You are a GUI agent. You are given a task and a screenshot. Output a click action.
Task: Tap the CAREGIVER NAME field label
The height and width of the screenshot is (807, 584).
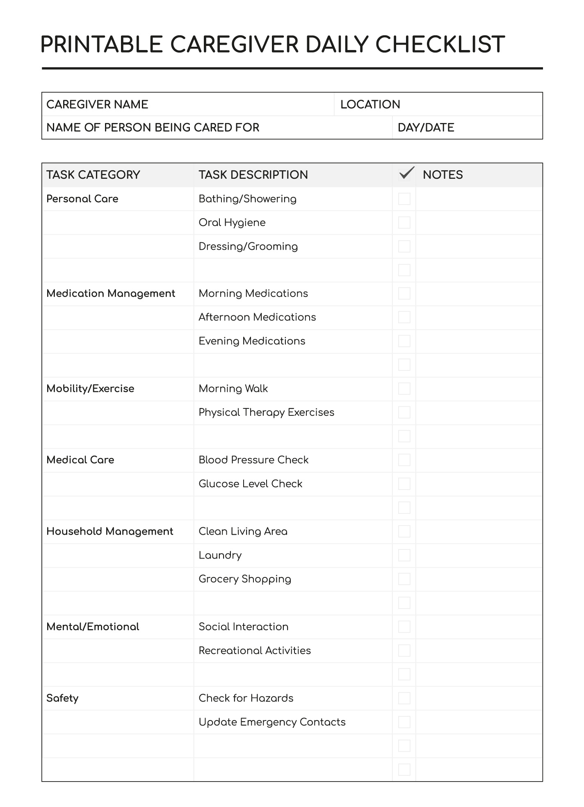(97, 105)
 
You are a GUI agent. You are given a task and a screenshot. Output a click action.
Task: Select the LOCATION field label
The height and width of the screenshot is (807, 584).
(370, 105)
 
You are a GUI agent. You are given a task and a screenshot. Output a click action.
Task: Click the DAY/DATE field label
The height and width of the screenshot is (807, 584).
(426, 128)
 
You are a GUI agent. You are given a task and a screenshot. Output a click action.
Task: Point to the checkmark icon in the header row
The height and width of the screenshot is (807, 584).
(406, 173)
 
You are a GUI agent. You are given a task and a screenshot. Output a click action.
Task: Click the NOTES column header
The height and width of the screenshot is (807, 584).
(443, 175)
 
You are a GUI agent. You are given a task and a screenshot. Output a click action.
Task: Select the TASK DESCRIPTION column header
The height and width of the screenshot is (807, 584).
(253, 175)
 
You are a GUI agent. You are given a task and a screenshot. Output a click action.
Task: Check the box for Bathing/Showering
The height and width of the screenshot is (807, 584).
(404, 199)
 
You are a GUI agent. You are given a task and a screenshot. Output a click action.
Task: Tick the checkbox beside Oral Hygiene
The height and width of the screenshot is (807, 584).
(404, 223)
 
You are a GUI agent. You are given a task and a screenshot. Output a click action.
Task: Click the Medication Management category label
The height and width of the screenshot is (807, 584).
(111, 294)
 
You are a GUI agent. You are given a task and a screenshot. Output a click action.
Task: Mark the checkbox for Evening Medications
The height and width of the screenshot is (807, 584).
(404, 341)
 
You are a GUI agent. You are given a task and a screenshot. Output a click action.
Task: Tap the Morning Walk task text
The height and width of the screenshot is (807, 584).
(233, 389)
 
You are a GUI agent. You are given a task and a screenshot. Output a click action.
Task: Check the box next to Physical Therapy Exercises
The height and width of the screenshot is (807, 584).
(404, 413)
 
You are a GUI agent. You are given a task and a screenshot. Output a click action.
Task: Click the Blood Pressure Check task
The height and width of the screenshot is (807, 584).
(253, 460)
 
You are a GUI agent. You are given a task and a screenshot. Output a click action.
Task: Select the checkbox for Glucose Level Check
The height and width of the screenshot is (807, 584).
(404, 484)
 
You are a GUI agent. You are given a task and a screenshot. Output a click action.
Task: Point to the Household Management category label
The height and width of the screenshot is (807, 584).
(109, 531)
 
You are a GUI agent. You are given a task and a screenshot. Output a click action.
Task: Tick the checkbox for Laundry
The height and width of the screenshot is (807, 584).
(404, 555)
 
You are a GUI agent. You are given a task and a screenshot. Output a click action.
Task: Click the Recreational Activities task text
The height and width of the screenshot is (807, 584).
(254, 651)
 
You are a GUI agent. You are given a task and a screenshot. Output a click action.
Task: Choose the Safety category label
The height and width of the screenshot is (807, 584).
(62, 698)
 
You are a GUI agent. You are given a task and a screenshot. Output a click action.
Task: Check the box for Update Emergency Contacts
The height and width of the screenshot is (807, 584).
(404, 722)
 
